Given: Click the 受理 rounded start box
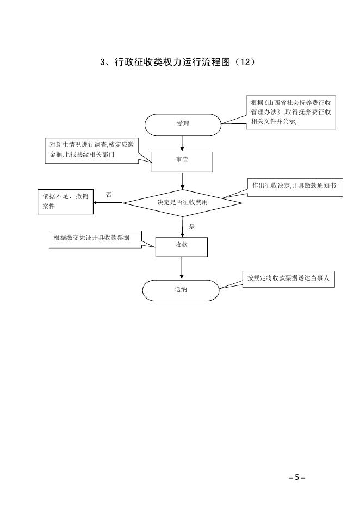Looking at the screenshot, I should [x=182, y=124].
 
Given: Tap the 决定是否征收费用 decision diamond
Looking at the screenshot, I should [x=182, y=202].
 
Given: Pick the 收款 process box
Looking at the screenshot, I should [x=182, y=246].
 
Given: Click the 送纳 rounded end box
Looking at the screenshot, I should [x=181, y=290].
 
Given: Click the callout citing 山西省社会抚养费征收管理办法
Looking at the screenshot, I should [x=292, y=112].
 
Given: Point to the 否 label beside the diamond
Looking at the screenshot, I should [x=109, y=195].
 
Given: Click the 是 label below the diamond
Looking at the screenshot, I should [x=191, y=226].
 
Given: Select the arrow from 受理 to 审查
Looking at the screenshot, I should [x=182, y=142].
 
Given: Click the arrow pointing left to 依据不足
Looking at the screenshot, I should [x=108, y=203].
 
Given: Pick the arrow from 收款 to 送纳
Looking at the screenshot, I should [x=182, y=268].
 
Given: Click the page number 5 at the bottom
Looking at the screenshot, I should [x=297, y=477].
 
